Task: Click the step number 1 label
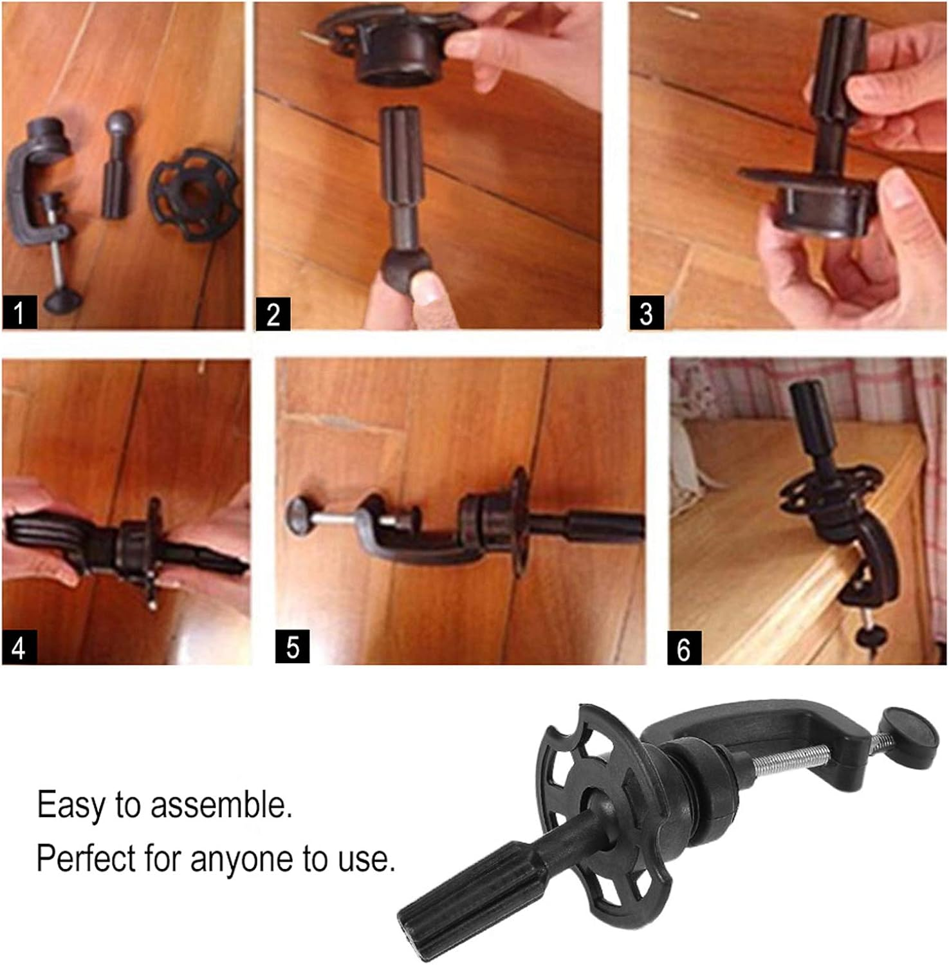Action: pos(19,312)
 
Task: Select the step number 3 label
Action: pos(646,313)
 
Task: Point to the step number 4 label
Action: pos(19,647)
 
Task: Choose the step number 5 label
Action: pos(292,647)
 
